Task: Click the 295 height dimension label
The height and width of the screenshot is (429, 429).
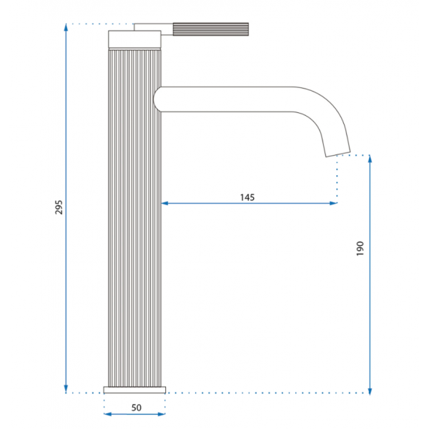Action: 59,207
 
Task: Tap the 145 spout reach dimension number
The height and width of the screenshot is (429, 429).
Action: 247,197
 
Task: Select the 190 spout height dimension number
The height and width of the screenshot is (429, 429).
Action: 360,248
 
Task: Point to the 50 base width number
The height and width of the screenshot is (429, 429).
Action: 137,408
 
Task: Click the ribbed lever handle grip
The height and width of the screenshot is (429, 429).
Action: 211,29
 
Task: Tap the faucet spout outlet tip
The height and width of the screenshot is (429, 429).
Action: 338,154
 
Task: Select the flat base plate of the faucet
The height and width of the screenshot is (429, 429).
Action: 134,390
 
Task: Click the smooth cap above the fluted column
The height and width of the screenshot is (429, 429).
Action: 134,39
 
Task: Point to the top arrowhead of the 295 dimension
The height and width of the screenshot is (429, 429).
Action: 66,27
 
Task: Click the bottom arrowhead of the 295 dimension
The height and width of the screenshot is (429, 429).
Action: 66,390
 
